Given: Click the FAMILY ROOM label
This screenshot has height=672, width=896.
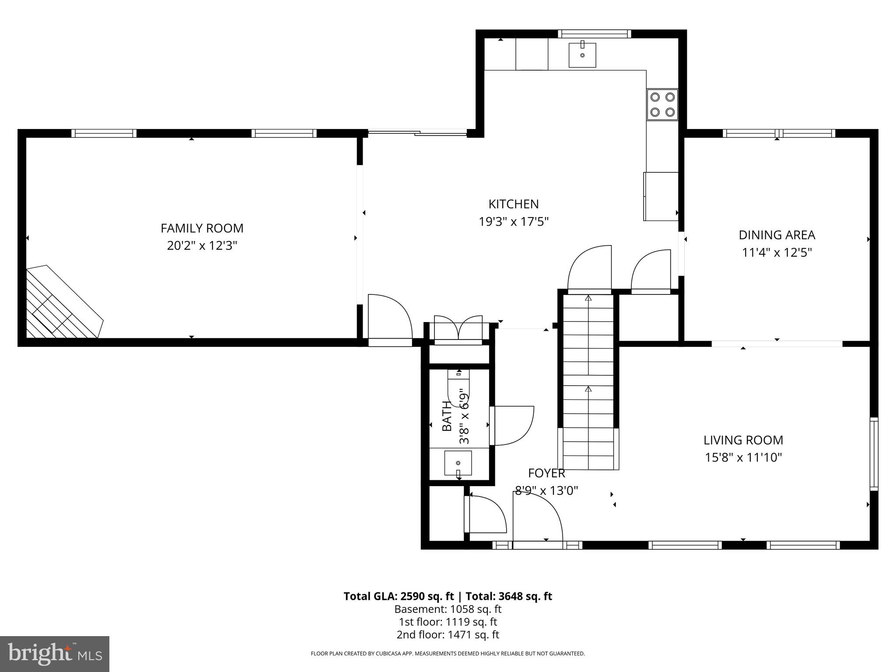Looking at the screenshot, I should (202, 228).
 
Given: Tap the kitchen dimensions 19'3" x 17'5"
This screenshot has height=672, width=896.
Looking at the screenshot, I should (514, 222).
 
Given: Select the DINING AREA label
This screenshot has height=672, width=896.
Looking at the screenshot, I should (777, 235).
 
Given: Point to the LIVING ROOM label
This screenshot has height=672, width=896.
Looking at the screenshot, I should (743, 440).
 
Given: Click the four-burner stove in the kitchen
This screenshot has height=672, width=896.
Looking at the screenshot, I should (662, 104).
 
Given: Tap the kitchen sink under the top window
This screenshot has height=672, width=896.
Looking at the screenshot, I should (582, 55).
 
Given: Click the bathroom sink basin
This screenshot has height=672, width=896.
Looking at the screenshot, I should (458, 463).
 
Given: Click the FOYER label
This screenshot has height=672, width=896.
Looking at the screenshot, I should (546, 473).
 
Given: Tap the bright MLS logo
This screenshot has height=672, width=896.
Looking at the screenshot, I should (55, 654).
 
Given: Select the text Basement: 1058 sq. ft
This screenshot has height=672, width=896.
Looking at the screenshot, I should (448, 609).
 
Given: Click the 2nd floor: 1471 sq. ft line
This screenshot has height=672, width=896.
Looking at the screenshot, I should (448, 634).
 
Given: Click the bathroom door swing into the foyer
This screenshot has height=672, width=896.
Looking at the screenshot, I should (512, 426).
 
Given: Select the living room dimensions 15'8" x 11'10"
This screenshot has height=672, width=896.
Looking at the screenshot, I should (743, 458).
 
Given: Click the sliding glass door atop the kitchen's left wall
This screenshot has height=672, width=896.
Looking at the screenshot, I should (417, 132).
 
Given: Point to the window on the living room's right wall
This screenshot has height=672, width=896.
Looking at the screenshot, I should (873, 454).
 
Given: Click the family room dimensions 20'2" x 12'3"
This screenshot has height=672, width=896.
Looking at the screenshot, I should (202, 246).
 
